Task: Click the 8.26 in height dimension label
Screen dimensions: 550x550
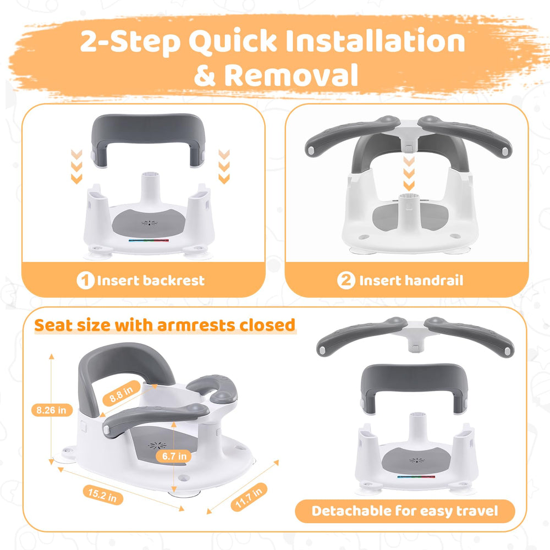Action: click(52, 410)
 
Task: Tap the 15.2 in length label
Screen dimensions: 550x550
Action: click(103, 494)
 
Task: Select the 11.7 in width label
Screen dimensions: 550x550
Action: click(249, 496)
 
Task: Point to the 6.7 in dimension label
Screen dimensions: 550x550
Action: click(174, 456)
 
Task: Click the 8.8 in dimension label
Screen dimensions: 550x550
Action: click(122, 393)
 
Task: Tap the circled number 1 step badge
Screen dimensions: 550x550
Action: click(85, 280)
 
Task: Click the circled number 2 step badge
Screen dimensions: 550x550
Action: click(346, 280)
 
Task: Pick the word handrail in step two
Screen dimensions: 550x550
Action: click(434, 280)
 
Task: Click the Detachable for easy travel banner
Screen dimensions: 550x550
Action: click(405, 511)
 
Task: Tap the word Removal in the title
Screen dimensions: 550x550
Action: click(291, 75)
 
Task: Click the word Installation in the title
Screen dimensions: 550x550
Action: click(375, 41)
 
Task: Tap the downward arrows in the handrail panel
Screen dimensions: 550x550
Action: click(409, 174)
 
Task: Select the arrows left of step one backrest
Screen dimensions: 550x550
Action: click(76, 166)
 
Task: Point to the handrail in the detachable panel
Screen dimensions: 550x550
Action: click(415, 335)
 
